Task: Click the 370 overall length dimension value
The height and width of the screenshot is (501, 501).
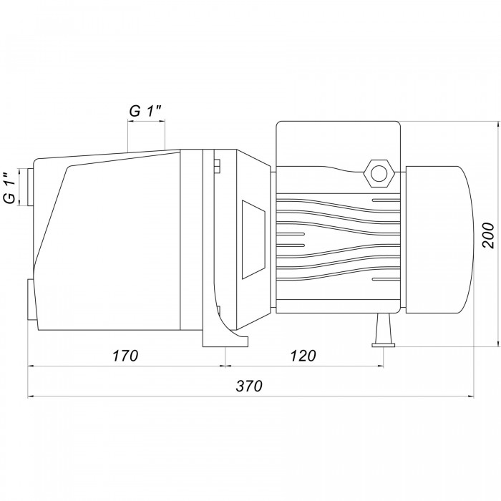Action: (249, 386)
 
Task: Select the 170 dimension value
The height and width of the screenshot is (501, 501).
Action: (125, 356)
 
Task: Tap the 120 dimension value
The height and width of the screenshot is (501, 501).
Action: (303, 356)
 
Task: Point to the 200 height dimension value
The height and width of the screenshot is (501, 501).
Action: (488, 235)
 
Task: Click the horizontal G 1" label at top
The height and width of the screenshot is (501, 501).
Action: (145, 111)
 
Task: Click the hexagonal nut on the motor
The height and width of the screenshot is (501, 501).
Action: (379, 173)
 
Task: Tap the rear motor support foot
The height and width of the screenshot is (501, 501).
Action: (383, 330)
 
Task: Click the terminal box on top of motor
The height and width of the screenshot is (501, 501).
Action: (338, 144)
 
